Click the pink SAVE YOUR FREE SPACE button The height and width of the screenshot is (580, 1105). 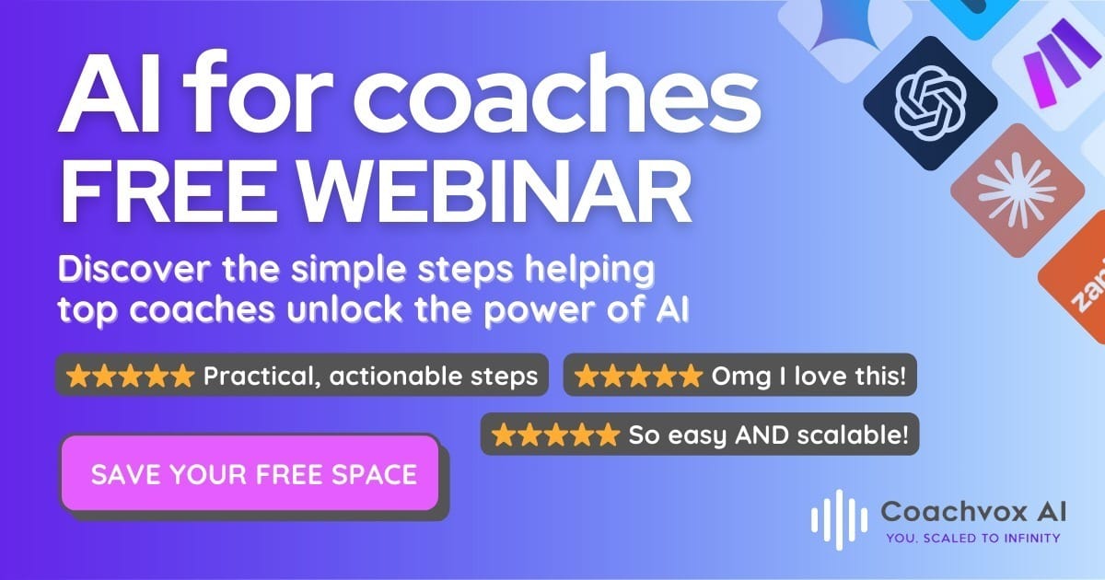(x=250, y=473)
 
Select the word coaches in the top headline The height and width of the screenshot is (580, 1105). (x=556, y=94)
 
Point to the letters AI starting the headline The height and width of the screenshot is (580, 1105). (x=110, y=94)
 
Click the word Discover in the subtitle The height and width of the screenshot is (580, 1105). (x=134, y=269)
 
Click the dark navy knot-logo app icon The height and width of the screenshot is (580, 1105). (x=930, y=103)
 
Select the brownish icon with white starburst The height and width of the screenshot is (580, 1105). (x=1018, y=191)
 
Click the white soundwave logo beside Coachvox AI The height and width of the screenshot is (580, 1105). (x=839, y=519)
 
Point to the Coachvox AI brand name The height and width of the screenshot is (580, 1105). (x=972, y=511)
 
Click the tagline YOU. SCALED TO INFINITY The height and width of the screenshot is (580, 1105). (x=972, y=538)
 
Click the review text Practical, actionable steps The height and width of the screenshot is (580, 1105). (x=370, y=377)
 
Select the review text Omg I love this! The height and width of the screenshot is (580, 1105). (x=808, y=377)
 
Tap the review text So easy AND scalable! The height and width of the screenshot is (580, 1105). (x=768, y=435)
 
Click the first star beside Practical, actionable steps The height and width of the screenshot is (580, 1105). (x=78, y=376)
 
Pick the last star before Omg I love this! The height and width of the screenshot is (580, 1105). (x=690, y=376)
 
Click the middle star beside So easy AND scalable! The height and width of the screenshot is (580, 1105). (x=555, y=435)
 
